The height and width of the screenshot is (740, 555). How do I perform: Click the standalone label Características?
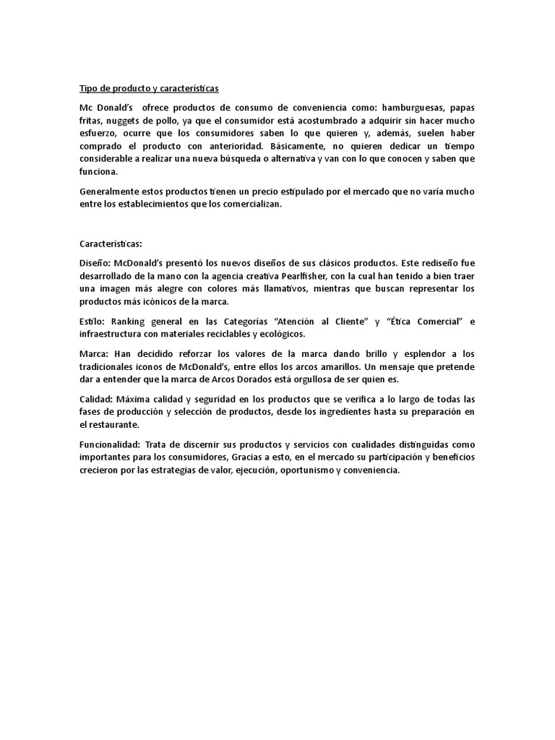(x=111, y=244)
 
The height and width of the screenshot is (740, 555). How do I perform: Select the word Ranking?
(x=132, y=321)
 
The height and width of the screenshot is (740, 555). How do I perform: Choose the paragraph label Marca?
(x=95, y=353)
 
